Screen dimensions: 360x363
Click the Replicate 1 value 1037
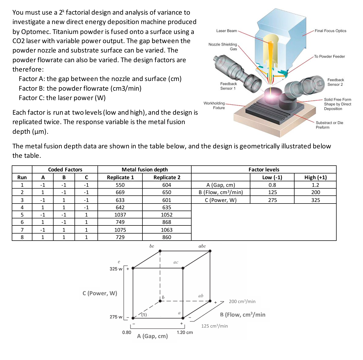[120, 215]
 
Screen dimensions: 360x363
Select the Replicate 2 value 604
[166, 185]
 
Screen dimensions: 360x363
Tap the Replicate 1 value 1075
[120, 230]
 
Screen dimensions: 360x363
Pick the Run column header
[22, 177]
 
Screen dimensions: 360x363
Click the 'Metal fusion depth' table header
[145, 170]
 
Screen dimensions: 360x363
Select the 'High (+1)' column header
[315, 177]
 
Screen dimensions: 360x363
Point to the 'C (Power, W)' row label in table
[221, 200]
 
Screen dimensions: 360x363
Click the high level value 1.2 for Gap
[315, 185]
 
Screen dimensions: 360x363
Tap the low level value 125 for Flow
[272, 192]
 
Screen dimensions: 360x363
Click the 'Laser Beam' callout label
[226, 31]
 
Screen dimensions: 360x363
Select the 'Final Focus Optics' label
[330, 31]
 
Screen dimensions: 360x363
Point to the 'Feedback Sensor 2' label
[336, 82]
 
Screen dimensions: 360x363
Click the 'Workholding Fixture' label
[214, 106]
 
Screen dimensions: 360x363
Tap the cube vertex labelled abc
[210, 251]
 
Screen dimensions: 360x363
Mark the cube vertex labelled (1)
[133, 318]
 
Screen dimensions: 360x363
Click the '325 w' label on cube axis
[116, 269]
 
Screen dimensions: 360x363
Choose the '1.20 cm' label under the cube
[185, 332]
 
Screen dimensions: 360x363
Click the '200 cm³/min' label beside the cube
[242, 301]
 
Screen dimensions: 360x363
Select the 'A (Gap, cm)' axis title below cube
[152, 336]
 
